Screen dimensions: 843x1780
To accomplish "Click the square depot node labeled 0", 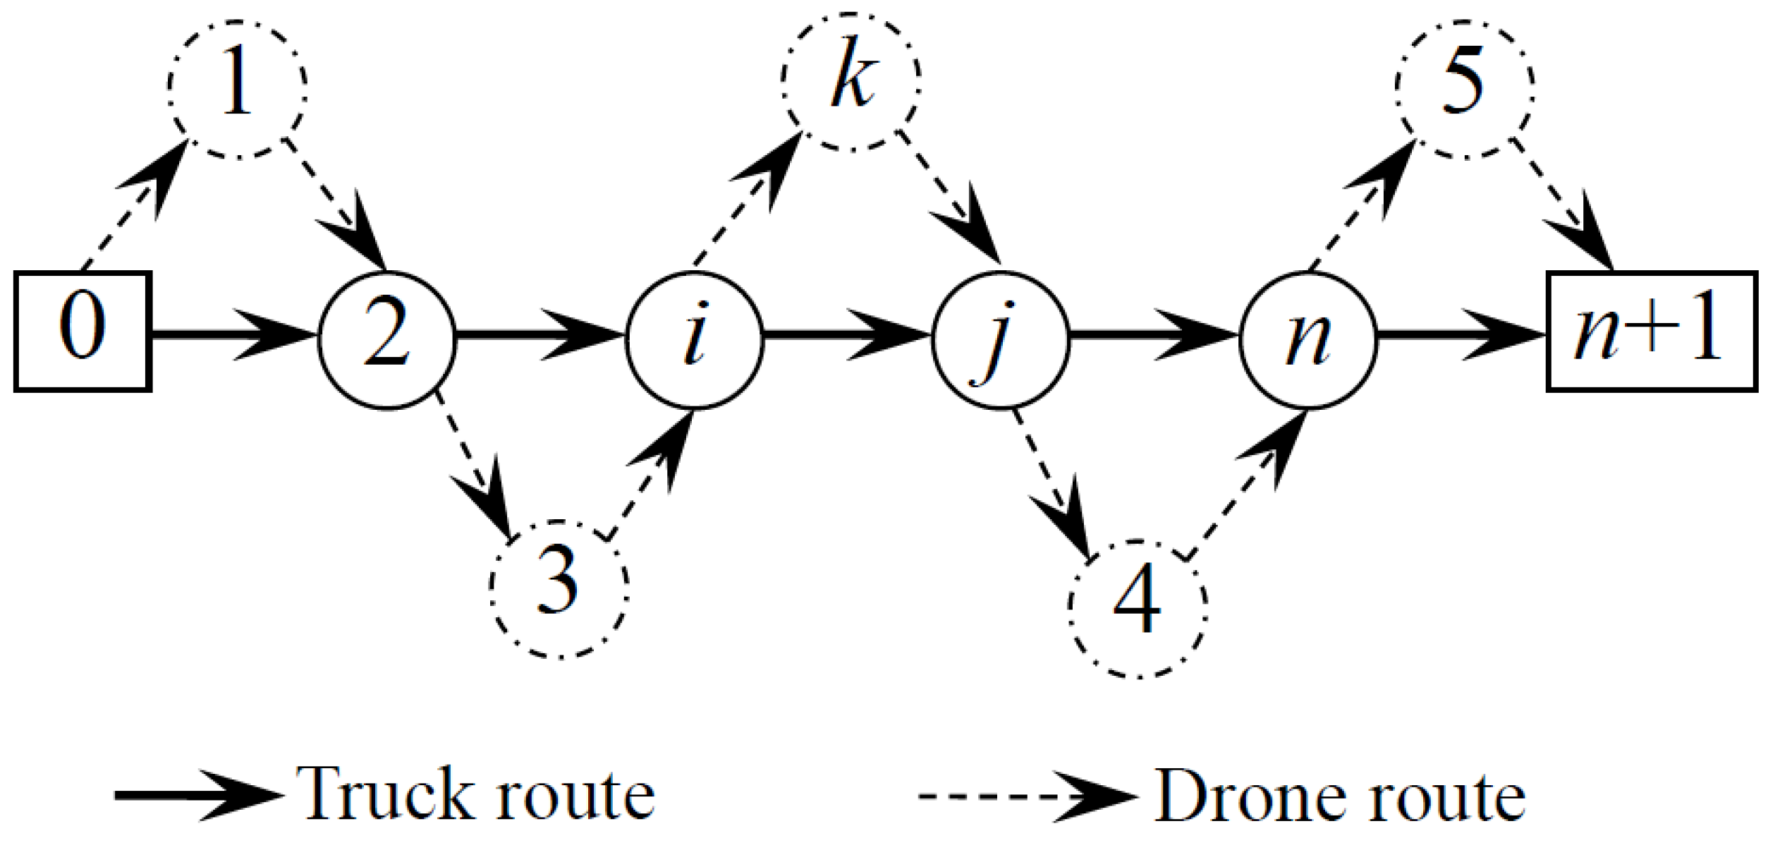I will [83, 331].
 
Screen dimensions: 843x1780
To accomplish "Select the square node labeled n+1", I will [1651, 331].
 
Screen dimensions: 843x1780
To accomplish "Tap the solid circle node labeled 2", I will [387, 339].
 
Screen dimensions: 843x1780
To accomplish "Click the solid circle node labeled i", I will [695, 339].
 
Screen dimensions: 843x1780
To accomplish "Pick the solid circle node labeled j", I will [1001, 339].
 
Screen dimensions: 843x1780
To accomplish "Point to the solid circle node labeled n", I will [1308, 339].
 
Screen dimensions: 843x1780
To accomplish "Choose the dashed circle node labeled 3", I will [559, 588].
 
